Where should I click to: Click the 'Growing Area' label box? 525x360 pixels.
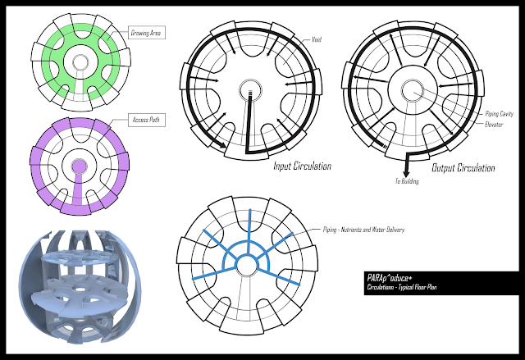click(145, 34)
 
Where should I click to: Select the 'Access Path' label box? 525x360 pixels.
click(144, 120)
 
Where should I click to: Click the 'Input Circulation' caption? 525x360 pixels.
click(302, 166)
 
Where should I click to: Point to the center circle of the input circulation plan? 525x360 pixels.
click(247, 90)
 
